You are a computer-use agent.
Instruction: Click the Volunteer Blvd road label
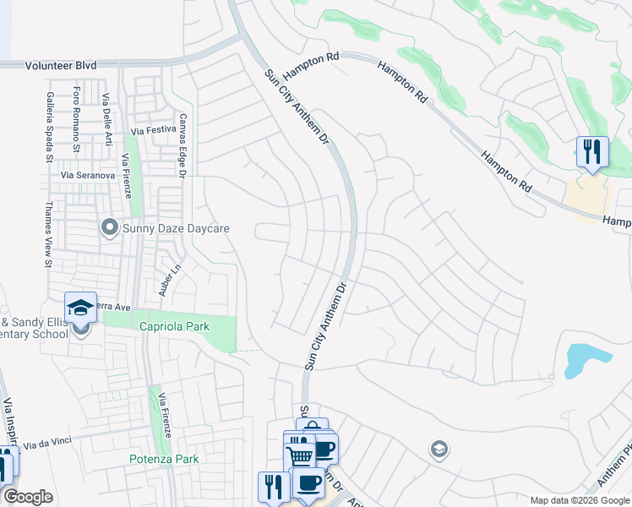click(61, 65)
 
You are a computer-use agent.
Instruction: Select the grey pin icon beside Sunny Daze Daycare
click(109, 227)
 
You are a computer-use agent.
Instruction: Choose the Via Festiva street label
click(152, 129)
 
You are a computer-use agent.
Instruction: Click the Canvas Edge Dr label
click(181, 145)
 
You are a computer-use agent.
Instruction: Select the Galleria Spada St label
click(50, 126)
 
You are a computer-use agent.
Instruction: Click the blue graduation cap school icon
click(81, 307)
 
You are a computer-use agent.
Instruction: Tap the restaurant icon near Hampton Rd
click(592, 152)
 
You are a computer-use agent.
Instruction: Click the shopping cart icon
click(300, 455)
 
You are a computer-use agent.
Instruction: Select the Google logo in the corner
click(28, 497)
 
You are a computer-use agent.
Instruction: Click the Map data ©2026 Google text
click(580, 500)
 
